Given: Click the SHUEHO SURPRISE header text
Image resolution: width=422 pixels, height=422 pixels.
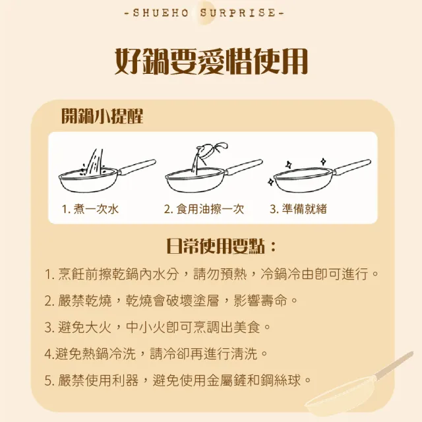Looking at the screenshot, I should [211, 13].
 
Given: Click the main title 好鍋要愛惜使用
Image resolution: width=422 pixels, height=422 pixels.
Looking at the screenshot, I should [211, 62].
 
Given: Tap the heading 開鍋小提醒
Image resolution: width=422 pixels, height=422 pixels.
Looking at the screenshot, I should [102, 116].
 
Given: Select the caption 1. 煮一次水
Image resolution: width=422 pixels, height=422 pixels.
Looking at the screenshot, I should [90, 209].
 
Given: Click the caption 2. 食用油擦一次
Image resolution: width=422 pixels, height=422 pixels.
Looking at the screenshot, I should [204, 209].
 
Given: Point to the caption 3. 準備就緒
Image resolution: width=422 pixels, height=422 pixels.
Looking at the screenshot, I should [299, 209].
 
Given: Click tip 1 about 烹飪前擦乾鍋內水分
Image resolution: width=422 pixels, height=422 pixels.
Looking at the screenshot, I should [212, 274].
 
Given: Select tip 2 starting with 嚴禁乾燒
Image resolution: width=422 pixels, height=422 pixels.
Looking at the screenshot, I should [171, 301].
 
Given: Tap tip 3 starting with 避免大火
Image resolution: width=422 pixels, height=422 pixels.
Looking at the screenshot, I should [158, 327].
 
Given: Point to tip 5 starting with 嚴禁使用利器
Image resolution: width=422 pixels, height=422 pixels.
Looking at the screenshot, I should [178, 380].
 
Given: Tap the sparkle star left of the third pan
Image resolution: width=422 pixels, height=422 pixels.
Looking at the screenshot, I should [270, 179].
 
